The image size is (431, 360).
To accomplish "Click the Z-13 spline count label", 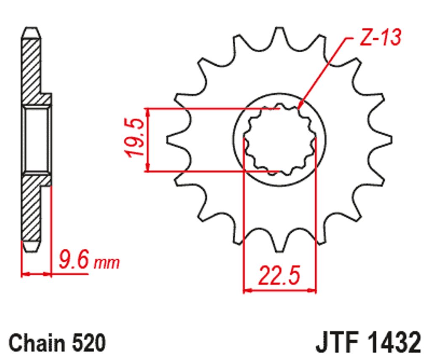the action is [380, 37].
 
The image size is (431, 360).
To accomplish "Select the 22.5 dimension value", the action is [279, 275].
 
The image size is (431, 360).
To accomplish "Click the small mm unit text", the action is [106, 264].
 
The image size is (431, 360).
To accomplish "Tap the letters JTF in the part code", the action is [338, 342].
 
